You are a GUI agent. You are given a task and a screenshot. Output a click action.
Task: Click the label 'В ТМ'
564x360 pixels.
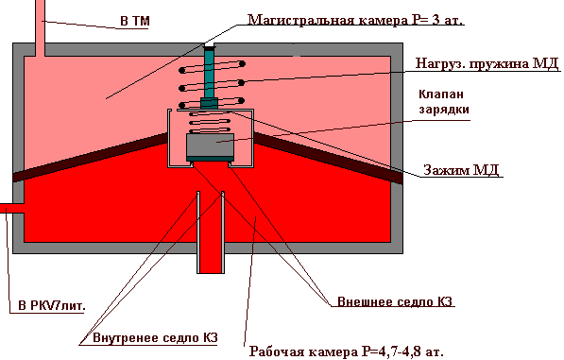pyautogui.click(x=135, y=21)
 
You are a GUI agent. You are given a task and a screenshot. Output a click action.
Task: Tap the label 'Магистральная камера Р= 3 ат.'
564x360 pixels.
pyautogui.click(x=355, y=20)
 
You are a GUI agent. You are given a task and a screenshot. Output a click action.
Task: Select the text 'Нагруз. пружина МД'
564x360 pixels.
pyautogui.click(x=487, y=63)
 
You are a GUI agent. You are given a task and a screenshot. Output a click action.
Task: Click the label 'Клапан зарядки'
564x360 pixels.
pyautogui.click(x=444, y=101)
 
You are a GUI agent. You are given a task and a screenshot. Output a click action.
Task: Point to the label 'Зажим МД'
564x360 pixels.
pyautogui.click(x=461, y=169)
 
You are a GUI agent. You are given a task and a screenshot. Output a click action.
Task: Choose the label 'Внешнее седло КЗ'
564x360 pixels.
pyautogui.click(x=395, y=301)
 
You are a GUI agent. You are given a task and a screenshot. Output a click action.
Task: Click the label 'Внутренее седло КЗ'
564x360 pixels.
pyautogui.click(x=155, y=337)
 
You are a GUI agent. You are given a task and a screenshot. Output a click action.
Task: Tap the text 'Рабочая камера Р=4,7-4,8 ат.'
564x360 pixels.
pyautogui.click(x=347, y=351)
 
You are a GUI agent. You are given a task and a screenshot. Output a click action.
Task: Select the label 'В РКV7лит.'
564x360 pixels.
pyautogui.click(x=52, y=306)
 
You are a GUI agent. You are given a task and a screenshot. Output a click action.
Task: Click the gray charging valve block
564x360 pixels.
pyautogui.click(x=210, y=146)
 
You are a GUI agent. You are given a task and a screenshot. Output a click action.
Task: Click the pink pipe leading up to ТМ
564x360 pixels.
pyautogui.click(x=40, y=28)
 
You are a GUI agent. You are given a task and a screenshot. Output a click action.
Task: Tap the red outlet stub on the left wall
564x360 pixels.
pyautogui.click(x=12, y=208)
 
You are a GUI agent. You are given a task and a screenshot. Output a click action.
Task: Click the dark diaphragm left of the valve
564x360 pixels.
pyautogui.click(x=90, y=157)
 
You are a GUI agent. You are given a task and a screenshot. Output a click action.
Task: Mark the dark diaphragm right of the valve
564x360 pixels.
pyautogui.click(x=328, y=158)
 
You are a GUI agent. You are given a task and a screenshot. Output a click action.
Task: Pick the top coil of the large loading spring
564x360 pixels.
pyautogui.click(x=213, y=67)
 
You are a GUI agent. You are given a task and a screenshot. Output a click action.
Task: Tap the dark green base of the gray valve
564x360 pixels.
pyautogui.click(x=210, y=159)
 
